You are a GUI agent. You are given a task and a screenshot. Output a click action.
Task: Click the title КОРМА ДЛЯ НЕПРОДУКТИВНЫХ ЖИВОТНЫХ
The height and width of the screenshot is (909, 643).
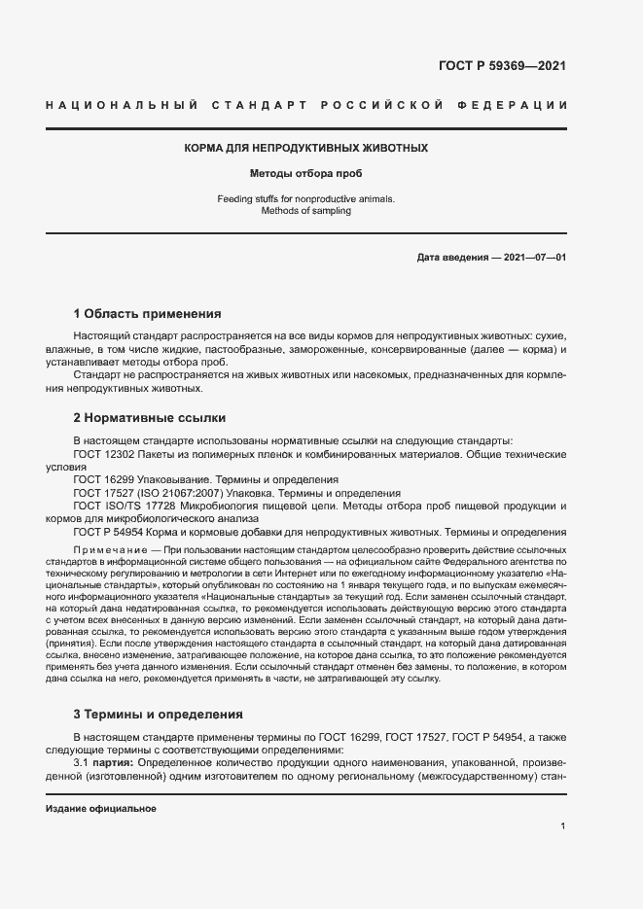pyautogui.click(x=306, y=149)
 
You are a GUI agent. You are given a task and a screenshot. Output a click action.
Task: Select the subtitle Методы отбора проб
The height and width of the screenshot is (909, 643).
pyautogui.click(x=306, y=175)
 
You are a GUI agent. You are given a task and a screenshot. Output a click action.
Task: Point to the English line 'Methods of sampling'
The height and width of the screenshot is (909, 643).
pyautogui.click(x=306, y=210)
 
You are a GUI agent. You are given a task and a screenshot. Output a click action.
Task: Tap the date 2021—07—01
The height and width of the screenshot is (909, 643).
pyautogui.click(x=533, y=258)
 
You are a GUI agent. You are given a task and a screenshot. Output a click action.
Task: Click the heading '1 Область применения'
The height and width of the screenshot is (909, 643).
pyautogui.click(x=147, y=314)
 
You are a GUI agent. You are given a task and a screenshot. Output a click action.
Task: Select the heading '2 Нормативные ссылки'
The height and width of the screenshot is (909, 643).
pyautogui.click(x=150, y=418)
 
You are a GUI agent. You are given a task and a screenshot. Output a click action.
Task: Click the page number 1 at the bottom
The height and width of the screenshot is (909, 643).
pyautogui.click(x=562, y=825)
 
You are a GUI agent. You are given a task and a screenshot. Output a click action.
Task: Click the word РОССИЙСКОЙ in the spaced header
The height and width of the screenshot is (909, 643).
pyautogui.click(x=386, y=104)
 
